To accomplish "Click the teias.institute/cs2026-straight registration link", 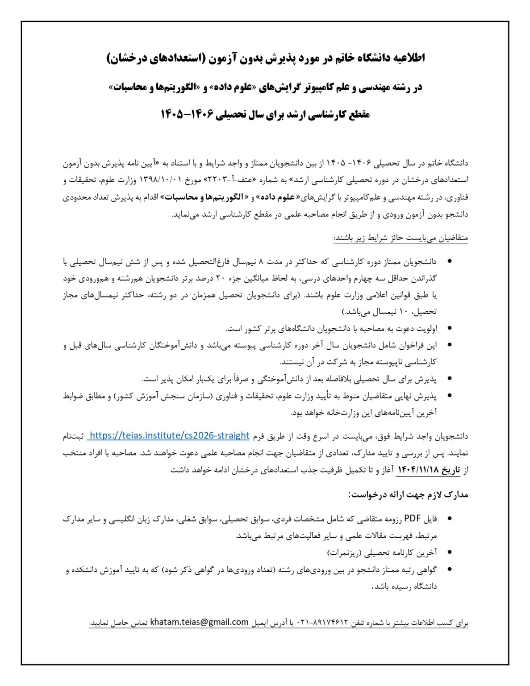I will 168,435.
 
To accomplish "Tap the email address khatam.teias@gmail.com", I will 199,622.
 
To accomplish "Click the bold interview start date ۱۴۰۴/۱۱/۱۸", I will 418,470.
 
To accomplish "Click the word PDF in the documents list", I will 413,519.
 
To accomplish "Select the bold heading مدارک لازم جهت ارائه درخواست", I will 408,495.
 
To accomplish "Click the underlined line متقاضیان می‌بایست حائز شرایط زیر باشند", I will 401,238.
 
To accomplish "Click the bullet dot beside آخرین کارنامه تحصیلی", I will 449,552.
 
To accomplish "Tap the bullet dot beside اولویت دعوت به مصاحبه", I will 449,328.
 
